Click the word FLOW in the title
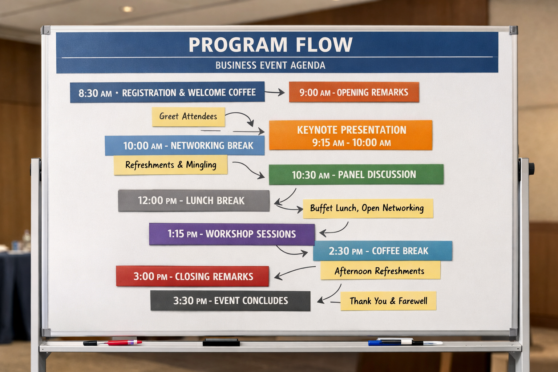click(x=324, y=45)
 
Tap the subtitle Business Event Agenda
click(x=270, y=65)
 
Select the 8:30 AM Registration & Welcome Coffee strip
click(x=167, y=92)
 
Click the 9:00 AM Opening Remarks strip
click(x=354, y=92)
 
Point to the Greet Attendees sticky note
click(x=188, y=117)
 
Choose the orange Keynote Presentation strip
click(x=351, y=135)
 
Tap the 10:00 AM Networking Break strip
click(x=185, y=146)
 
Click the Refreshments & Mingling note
click(x=171, y=165)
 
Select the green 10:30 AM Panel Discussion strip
click(x=356, y=174)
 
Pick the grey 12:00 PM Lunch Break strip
click(x=194, y=201)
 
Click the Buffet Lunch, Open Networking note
click(x=368, y=208)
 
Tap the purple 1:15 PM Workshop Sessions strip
click(x=232, y=234)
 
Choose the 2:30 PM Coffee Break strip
click(x=383, y=251)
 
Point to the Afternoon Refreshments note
click(x=380, y=270)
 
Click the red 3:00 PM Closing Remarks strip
click(x=192, y=276)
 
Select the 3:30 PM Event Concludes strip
click(x=230, y=301)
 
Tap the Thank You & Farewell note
click(x=388, y=301)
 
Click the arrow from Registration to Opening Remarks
click(x=275, y=92)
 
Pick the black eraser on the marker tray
click(x=221, y=342)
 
